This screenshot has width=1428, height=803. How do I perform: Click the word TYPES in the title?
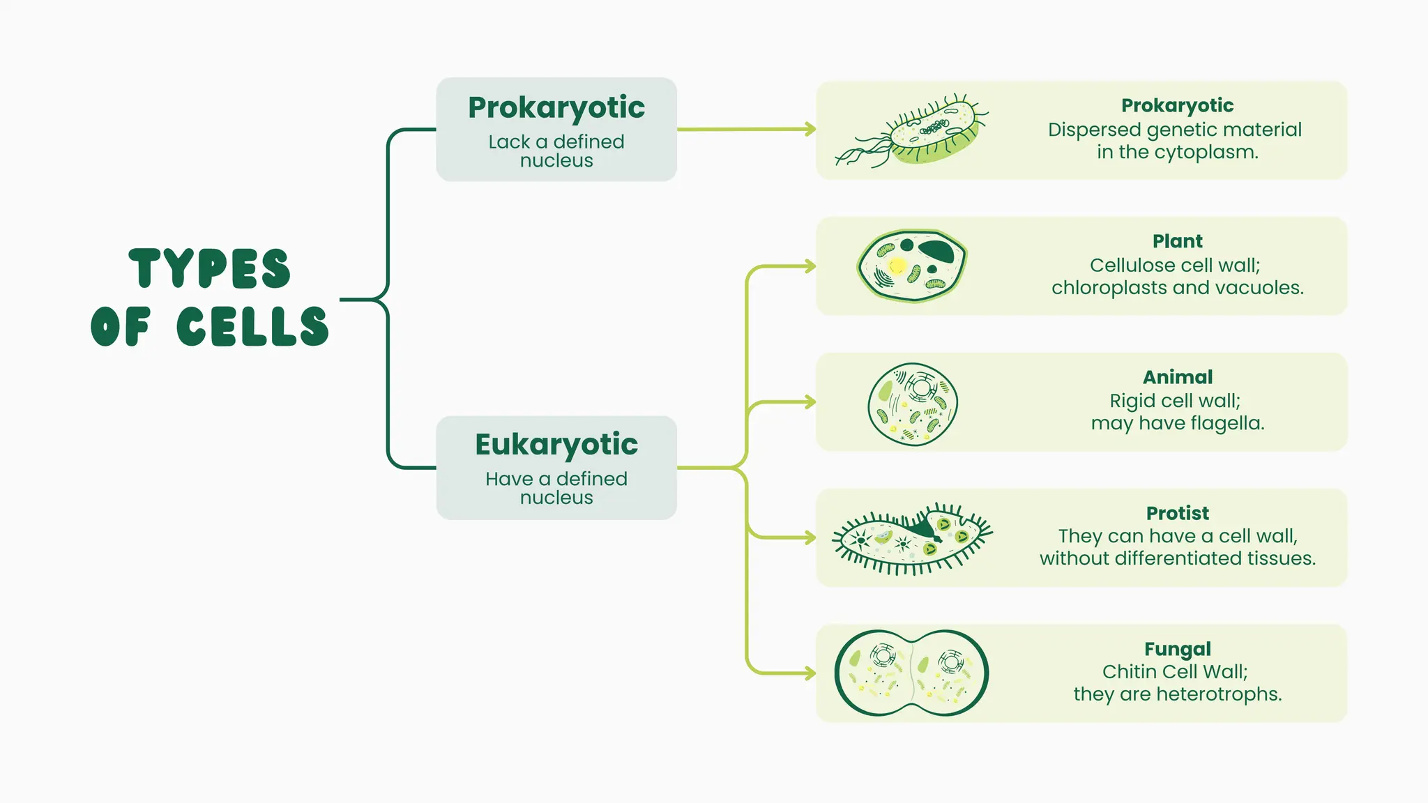coord(209,268)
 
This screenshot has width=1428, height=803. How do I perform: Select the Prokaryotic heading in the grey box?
coord(556,107)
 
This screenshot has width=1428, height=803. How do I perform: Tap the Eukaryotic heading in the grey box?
coord(556,445)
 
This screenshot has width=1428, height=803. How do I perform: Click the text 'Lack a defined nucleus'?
coord(556,151)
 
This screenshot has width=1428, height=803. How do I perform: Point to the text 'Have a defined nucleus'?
coord(556,488)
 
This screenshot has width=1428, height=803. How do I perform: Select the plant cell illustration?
coord(911,266)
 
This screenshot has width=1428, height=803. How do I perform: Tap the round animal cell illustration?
coord(913,404)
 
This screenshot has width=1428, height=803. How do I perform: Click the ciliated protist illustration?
coord(911,539)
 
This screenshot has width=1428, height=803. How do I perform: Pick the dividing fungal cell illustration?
coord(911,673)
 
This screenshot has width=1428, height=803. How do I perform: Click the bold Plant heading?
coord(1177,241)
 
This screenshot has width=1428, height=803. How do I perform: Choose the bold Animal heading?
coord(1177,377)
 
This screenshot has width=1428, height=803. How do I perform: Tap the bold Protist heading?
coord(1177,513)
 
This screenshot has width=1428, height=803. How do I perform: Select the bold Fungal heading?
coord(1177,649)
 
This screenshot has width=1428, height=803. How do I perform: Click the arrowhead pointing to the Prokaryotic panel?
coord(810,129)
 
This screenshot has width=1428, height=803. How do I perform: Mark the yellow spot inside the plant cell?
coord(897,266)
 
